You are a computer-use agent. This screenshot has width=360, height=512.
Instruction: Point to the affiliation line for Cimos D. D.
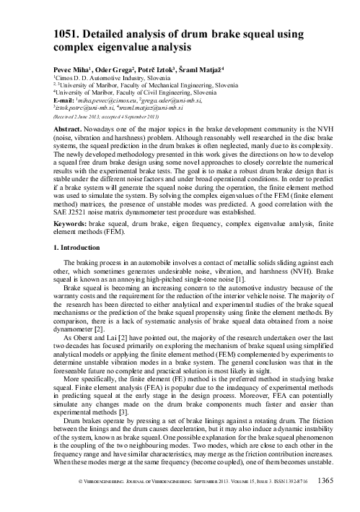[x=116, y=76]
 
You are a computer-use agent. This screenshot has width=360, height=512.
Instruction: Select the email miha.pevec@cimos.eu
[x=118, y=100]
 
